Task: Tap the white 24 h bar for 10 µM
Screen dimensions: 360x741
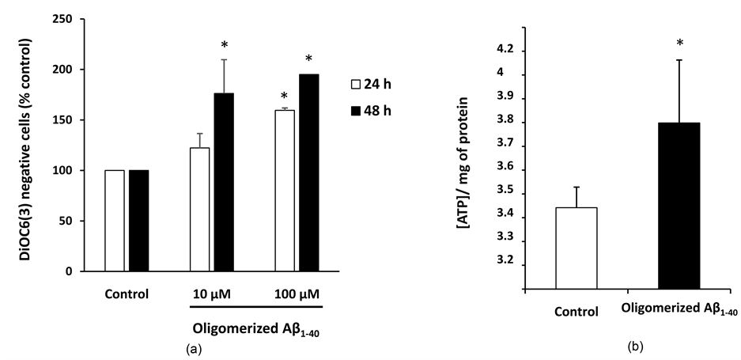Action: tap(199, 209)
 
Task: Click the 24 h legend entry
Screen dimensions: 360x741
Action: tap(371, 82)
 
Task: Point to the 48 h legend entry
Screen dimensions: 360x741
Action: tap(371, 109)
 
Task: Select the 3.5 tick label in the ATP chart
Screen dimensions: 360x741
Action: tap(503, 191)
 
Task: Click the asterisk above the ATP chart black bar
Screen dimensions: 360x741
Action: tap(680, 44)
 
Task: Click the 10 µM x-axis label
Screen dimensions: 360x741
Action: tap(211, 296)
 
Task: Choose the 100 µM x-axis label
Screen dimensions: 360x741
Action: tap(293, 296)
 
